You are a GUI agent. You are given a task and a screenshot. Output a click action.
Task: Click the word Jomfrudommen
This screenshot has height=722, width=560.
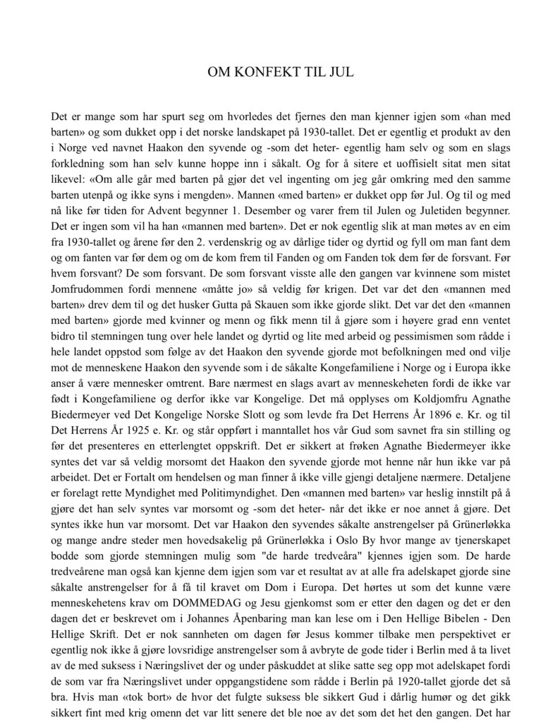(83, 270)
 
